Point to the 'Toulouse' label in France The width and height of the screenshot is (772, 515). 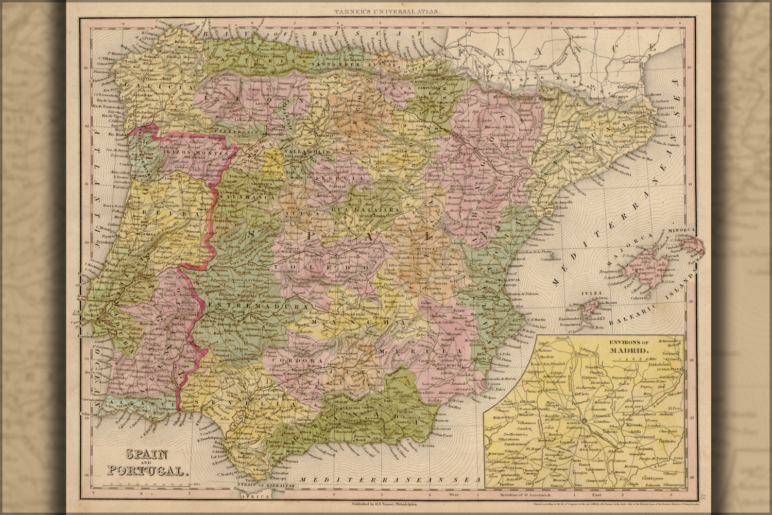point(579,37)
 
